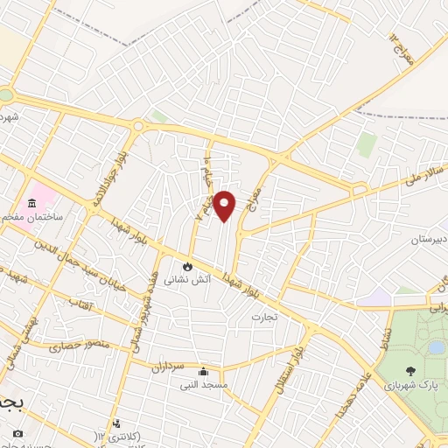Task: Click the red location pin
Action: point(225,206)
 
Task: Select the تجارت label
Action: point(264,316)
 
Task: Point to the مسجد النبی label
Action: point(204,384)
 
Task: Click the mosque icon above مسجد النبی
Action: point(204,371)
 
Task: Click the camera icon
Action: point(17,433)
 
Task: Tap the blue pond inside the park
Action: point(434,347)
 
